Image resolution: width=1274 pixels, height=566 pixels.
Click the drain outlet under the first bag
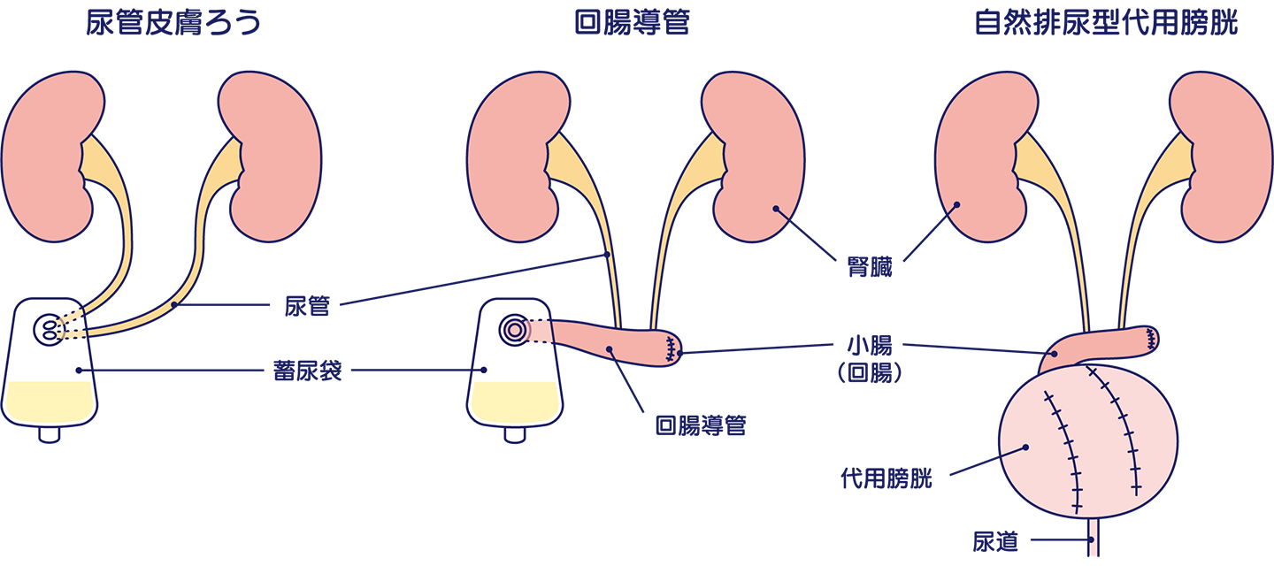pyautogui.click(x=50, y=433)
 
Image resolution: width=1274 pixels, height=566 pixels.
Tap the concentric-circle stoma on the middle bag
pyautogui.click(x=513, y=330)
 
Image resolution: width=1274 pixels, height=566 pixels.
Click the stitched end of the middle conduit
pyautogui.click(x=672, y=348)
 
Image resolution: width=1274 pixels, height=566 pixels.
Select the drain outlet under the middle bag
pyautogui.click(x=514, y=433)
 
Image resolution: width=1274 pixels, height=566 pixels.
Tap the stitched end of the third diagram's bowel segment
pyautogui.click(x=1150, y=338)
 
